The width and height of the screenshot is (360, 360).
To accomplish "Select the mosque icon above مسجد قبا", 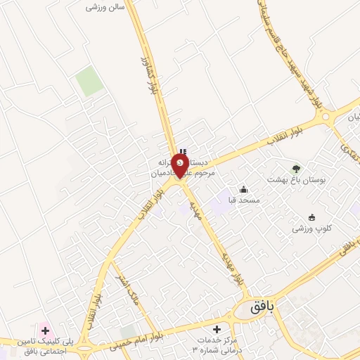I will click(243, 189).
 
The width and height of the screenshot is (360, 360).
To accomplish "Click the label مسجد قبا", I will click(243, 200).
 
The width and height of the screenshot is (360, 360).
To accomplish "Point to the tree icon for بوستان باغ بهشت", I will click(296, 168).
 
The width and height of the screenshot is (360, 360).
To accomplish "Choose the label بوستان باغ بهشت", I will click(296, 180).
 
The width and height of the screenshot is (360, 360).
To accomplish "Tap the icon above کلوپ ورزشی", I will click(312, 217).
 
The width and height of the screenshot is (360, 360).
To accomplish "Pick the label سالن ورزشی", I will click(105, 6).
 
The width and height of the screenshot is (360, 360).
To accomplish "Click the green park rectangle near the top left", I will click(89, 82).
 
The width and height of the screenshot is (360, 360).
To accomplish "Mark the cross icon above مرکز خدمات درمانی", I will click(217, 329).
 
